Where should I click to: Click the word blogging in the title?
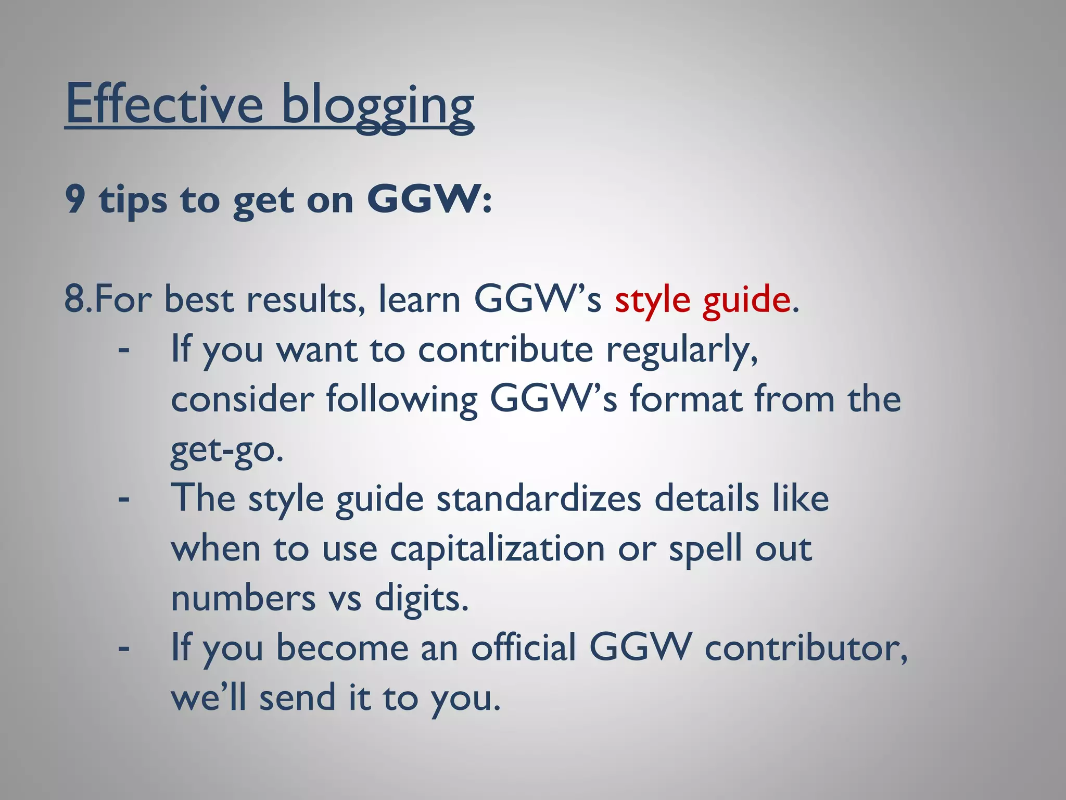(x=377, y=107)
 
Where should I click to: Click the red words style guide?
(x=702, y=301)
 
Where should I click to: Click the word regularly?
(x=682, y=350)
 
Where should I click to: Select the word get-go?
(x=227, y=451)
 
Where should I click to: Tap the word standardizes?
(x=539, y=499)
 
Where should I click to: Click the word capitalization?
(x=498, y=549)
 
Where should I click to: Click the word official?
(x=524, y=648)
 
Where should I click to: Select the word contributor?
(x=806, y=648)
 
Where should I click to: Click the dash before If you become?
(x=124, y=649)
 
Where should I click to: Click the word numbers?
(x=243, y=599)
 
